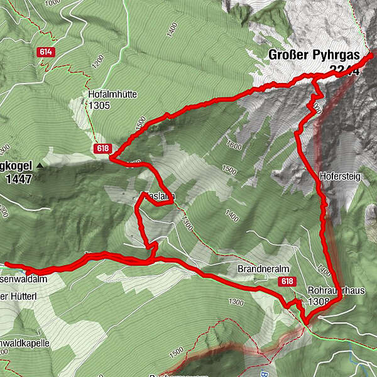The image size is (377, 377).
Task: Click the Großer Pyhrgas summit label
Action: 314,55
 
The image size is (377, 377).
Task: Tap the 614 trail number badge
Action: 45,52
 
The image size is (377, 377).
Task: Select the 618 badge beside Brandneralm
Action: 288,281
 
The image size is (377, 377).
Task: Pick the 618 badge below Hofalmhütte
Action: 102,148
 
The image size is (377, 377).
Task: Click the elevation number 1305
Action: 99,106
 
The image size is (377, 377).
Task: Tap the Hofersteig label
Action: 339,177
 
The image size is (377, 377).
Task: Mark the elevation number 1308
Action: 319,302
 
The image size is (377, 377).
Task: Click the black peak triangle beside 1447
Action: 40,166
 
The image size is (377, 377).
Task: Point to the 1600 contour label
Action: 234,146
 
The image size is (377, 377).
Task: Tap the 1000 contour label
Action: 53,3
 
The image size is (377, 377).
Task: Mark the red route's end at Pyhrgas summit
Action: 369,55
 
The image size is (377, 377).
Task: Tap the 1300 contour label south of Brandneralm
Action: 236,302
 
